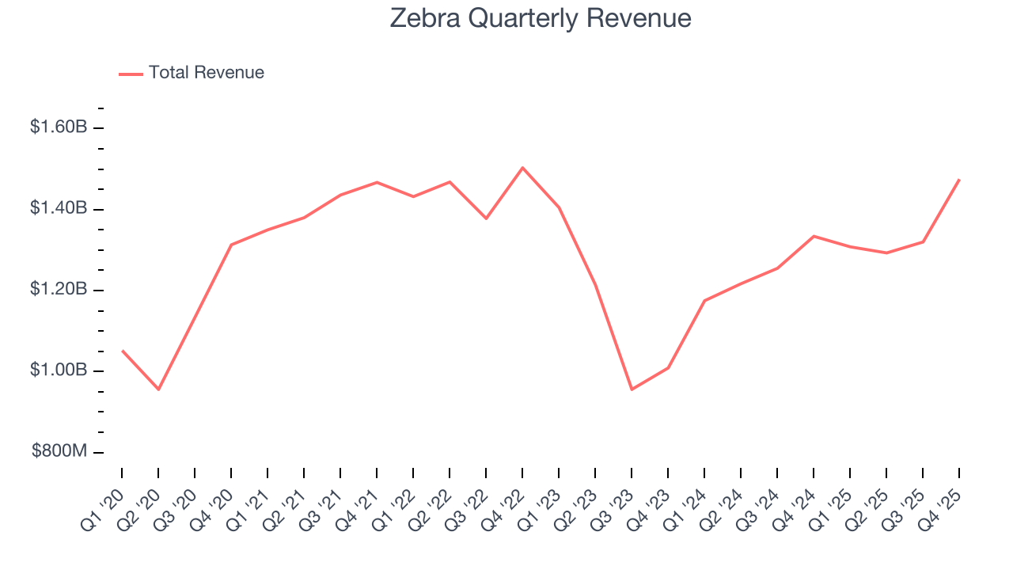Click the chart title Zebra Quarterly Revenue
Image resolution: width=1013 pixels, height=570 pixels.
541,18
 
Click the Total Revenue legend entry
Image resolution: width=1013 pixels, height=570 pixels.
206,73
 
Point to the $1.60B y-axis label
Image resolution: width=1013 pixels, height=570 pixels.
58,127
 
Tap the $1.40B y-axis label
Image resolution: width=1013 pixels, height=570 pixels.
58,208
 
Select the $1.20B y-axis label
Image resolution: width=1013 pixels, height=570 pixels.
58,289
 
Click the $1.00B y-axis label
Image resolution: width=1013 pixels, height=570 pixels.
58,370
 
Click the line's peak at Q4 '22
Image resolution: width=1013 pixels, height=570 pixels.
522,167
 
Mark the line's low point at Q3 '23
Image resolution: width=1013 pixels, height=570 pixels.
632,389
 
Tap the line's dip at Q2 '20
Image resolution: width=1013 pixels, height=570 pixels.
158,389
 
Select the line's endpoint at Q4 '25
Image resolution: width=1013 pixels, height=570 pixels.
959,180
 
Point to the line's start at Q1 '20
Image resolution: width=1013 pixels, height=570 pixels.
122,350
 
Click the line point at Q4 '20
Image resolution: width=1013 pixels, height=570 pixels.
231,245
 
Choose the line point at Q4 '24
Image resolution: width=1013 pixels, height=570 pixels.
814,236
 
